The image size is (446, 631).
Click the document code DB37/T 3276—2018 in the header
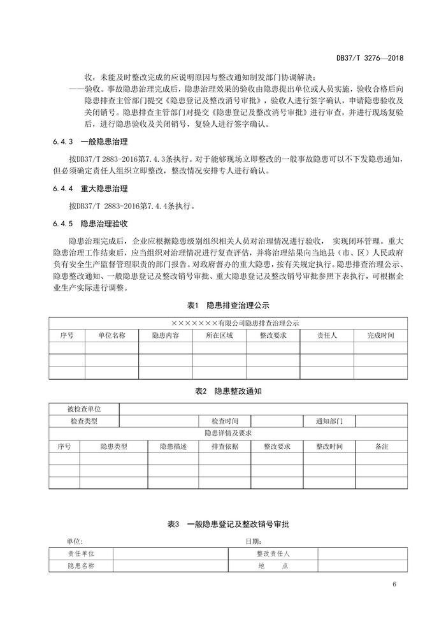pyautogui.click(x=370, y=58)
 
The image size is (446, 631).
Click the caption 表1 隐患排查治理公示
pyautogui.click(x=222, y=305)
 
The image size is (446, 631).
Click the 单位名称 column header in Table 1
pyautogui.click(x=111, y=335)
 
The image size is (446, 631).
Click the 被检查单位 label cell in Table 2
pyautogui.click(x=84, y=409)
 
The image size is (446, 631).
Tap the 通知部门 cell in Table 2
pyautogui.click(x=328, y=421)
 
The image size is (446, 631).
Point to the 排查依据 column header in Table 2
pyautogui.click(x=224, y=447)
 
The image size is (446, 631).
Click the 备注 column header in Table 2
pyautogui.click(x=382, y=447)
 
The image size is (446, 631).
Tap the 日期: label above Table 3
pyautogui.click(x=253, y=541)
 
